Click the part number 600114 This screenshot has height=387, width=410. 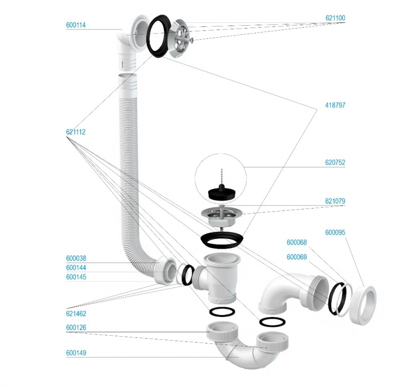click(x=76, y=25)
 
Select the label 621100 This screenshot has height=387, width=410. click(x=335, y=18)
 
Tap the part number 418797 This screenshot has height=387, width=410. click(x=335, y=105)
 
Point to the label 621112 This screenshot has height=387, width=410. click(x=76, y=132)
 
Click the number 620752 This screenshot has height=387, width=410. click(x=335, y=163)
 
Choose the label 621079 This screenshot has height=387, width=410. click(x=335, y=201)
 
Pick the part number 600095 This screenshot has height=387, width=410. click(x=335, y=232)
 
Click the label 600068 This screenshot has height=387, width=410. click(x=297, y=242)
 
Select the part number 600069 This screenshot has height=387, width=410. click(x=297, y=257)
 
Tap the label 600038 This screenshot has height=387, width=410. click(x=76, y=258)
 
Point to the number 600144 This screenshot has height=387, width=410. click(x=76, y=268)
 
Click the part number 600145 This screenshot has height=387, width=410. click(x=76, y=277)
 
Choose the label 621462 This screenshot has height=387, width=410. click(x=76, y=313)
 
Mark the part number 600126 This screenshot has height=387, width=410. click(x=76, y=327)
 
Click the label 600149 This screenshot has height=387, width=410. click(x=76, y=353)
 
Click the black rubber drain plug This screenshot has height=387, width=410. click(x=222, y=193)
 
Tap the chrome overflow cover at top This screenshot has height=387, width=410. click(x=181, y=37)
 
